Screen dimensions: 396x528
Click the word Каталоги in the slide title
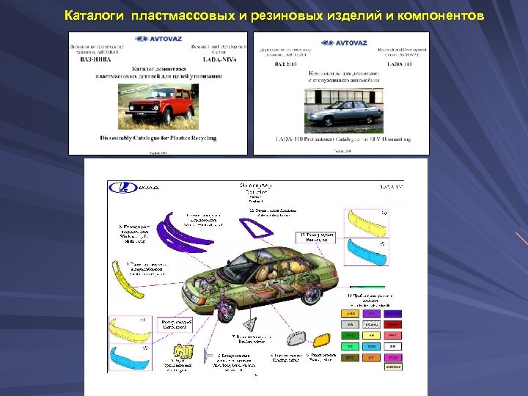pyautogui.click(x=95, y=15)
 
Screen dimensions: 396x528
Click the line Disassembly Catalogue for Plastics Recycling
pyautogui.click(x=158, y=138)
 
